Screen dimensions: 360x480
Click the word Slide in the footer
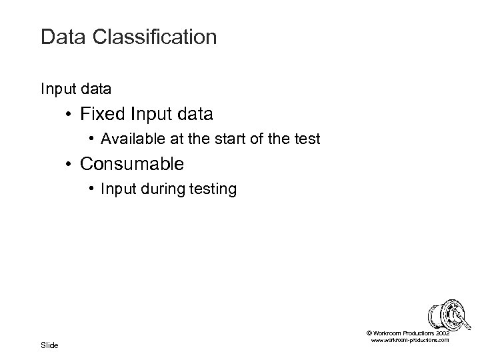click(x=49, y=345)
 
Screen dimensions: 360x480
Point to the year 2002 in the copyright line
click(x=443, y=332)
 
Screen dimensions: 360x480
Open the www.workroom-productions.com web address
click(x=409, y=340)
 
